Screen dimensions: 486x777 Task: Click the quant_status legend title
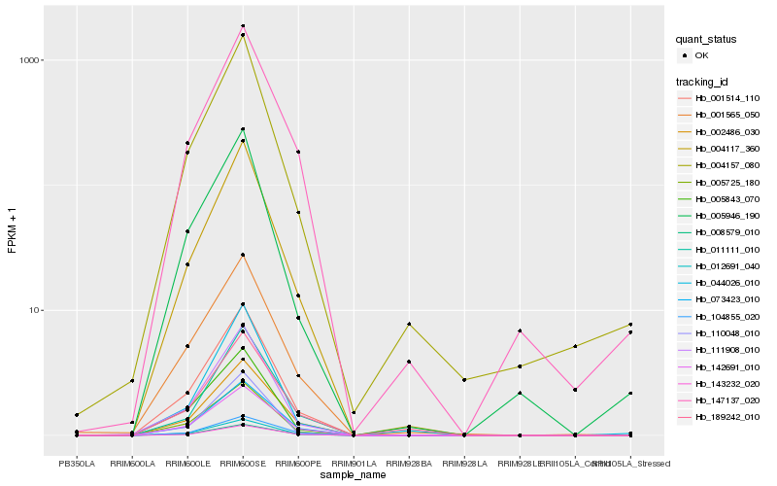pos(706,39)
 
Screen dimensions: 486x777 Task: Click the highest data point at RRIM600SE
pos(243,26)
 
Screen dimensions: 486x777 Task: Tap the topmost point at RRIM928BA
pos(409,324)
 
